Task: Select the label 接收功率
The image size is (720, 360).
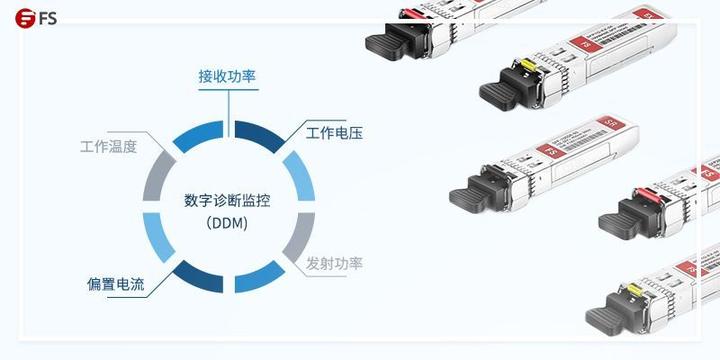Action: click(x=228, y=77)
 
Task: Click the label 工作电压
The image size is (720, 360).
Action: click(x=334, y=133)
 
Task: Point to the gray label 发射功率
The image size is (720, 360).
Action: click(x=334, y=264)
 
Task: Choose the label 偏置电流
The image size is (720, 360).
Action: click(x=115, y=285)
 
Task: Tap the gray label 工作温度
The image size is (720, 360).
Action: click(x=109, y=147)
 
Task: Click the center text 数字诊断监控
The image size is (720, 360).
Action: click(x=227, y=200)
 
